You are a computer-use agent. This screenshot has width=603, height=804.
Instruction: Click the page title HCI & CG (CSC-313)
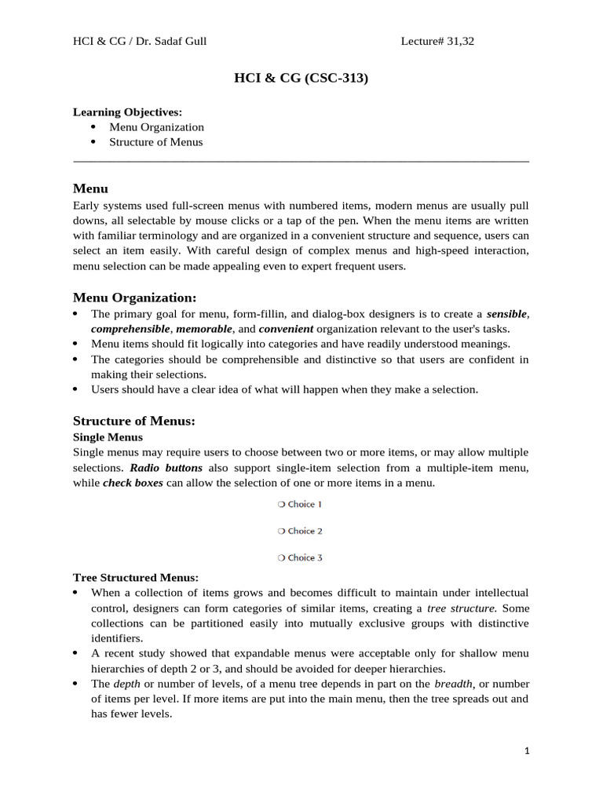(x=301, y=79)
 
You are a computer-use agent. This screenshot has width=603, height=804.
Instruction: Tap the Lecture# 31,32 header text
(x=437, y=42)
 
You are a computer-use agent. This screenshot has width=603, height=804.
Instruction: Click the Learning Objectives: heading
(x=127, y=112)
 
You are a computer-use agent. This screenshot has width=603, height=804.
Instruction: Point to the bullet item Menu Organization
(x=156, y=127)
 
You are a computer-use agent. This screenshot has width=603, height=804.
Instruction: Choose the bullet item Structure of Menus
(x=155, y=142)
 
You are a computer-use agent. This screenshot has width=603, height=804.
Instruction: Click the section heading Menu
(x=90, y=189)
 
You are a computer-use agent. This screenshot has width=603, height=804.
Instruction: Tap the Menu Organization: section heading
(x=134, y=298)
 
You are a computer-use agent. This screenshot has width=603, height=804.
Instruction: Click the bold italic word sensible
(x=506, y=314)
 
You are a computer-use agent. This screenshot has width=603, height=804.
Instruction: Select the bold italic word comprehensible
(x=130, y=329)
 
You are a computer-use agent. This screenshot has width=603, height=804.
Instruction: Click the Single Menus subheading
(x=108, y=437)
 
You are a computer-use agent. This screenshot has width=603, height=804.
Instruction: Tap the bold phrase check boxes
(x=133, y=483)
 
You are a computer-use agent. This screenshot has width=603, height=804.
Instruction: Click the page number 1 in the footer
(x=528, y=751)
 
